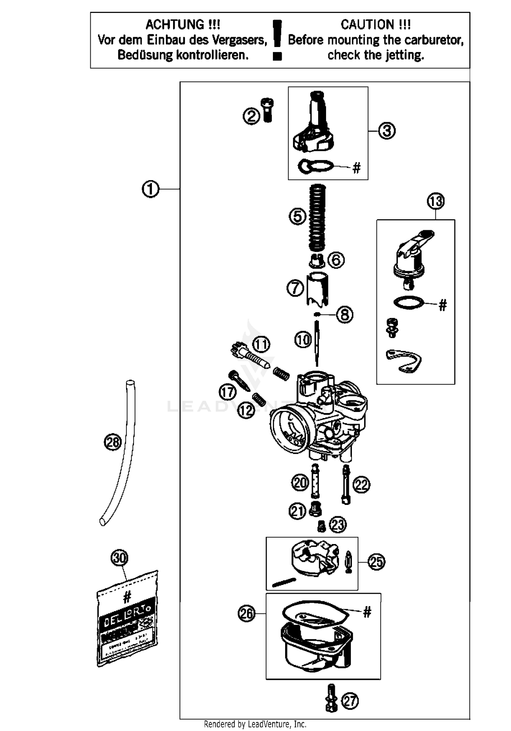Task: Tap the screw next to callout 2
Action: [268, 110]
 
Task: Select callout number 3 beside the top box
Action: [387, 131]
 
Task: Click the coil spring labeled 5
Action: [317, 217]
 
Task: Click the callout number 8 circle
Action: [345, 315]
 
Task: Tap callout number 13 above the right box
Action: [436, 201]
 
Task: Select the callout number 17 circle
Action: [228, 392]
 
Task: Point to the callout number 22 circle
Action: [361, 484]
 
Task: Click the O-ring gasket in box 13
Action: [408, 302]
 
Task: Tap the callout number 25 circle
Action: [376, 562]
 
